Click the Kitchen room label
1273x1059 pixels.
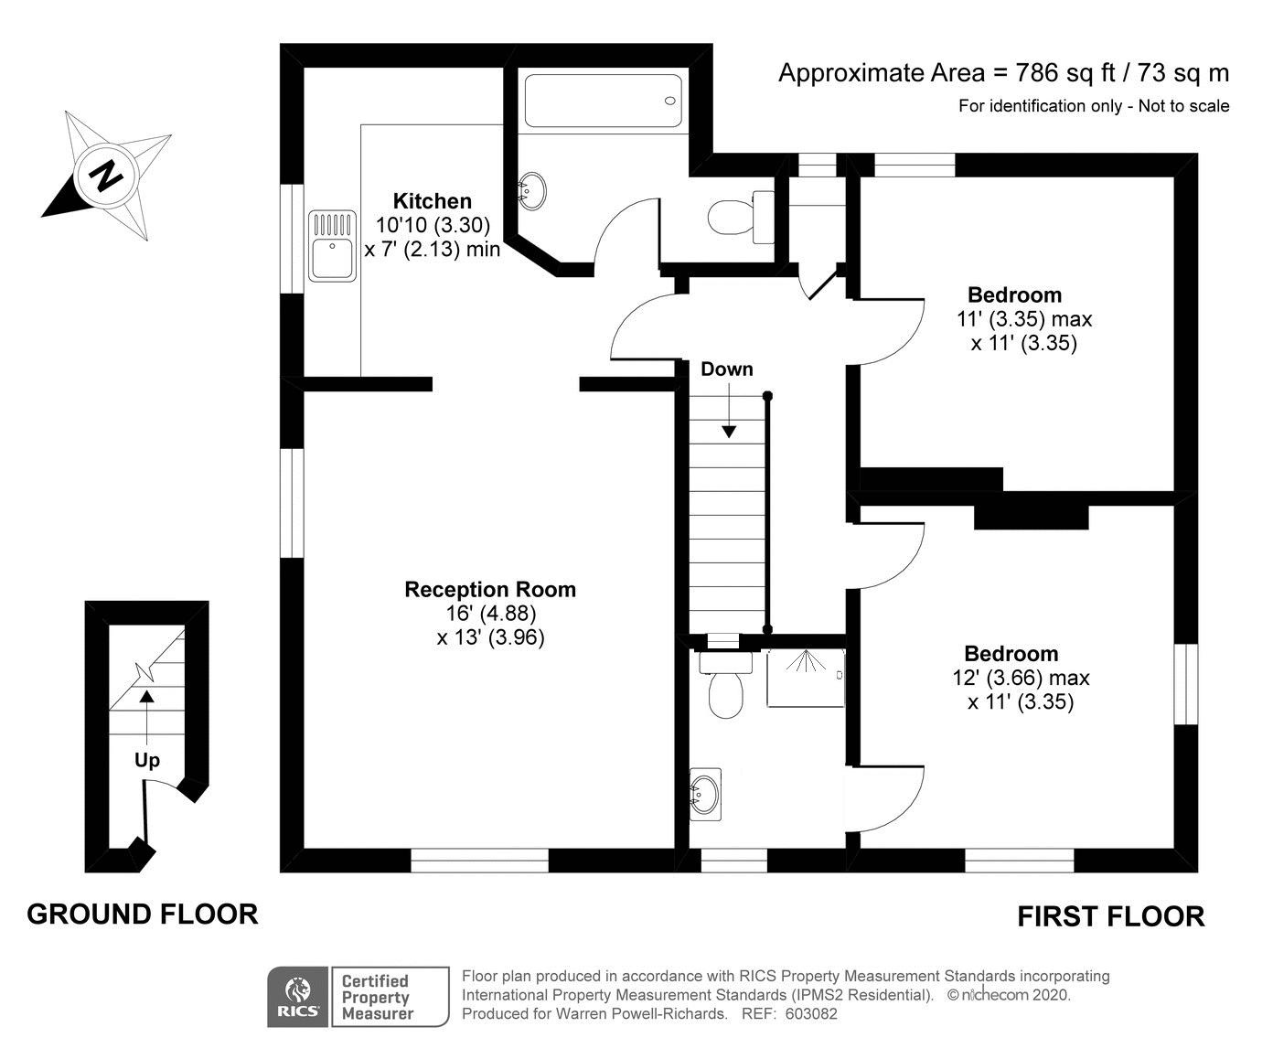(433, 200)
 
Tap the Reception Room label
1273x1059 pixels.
(490, 589)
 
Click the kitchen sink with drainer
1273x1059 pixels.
(332, 246)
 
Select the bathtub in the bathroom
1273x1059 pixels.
(604, 101)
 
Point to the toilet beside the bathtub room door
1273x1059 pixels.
(741, 216)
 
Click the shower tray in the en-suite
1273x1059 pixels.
(806, 678)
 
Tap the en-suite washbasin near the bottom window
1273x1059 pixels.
(705, 795)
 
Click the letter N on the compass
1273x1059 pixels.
(106, 176)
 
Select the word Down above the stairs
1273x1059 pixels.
(727, 369)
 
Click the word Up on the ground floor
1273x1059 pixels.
(147, 760)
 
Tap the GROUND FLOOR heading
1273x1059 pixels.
(143, 915)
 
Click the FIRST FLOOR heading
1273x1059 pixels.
(1111, 916)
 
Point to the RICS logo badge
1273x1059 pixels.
(297, 996)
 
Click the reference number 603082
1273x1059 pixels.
(811, 1014)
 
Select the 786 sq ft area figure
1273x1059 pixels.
(1064, 73)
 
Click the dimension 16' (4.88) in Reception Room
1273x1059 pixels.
(491, 613)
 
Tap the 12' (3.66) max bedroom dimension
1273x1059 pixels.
(1021, 677)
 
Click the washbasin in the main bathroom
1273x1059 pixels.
(532, 191)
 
